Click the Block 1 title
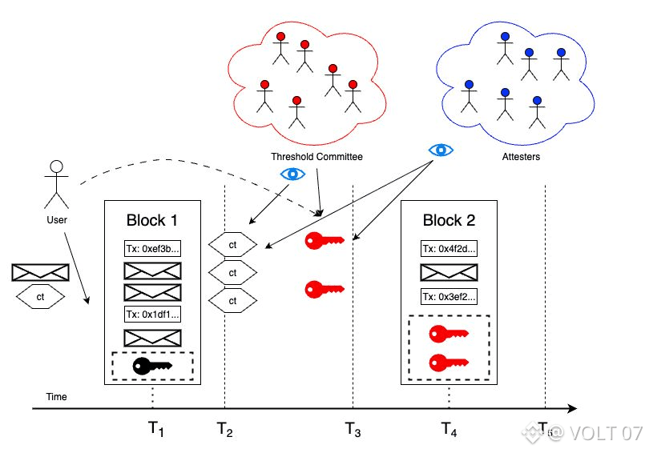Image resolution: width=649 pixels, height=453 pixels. (x=152, y=221)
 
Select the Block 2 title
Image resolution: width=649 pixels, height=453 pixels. (x=448, y=221)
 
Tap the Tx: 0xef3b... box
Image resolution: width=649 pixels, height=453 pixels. (x=152, y=249)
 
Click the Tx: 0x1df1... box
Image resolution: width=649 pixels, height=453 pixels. (x=152, y=314)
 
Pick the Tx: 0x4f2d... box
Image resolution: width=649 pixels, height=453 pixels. (x=449, y=249)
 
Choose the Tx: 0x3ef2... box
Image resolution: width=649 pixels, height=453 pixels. (x=449, y=297)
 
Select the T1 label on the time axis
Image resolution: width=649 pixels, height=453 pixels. (x=156, y=431)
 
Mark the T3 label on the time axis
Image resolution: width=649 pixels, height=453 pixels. (x=353, y=431)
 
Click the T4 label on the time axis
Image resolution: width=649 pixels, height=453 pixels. (x=449, y=431)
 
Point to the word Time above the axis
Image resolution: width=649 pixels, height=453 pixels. (x=57, y=397)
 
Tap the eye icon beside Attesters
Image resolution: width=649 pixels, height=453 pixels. (x=441, y=150)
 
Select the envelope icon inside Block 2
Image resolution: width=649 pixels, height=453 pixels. (x=449, y=273)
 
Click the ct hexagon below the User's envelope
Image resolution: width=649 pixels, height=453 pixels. (x=40, y=297)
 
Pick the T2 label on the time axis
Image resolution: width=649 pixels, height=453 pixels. (x=225, y=431)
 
